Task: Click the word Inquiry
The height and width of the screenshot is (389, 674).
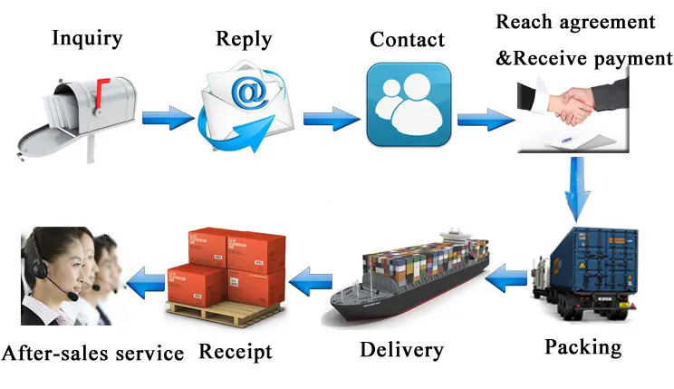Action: click(87, 39)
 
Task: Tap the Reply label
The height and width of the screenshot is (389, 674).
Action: click(244, 40)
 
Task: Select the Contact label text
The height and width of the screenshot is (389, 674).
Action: click(407, 40)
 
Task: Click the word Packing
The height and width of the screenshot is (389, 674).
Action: click(583, 347)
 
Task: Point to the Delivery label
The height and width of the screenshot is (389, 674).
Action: click(402, 350)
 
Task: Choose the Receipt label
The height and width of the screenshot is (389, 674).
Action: click(236, 352)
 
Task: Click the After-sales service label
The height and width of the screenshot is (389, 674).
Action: click(92, 354)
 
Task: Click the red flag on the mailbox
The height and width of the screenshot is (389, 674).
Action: click(101, 92)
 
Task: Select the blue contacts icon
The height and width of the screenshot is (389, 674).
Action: click(409, 104)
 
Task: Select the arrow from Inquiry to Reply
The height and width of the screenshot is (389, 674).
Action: click(168, 118)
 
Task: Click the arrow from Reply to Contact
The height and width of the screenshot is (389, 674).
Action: click(332, 119)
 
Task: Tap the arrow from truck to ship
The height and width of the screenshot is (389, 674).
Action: click(506, 278)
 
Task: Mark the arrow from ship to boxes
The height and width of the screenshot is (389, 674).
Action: click(311, 281)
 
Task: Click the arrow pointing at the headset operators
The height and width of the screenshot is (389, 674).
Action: click(146, 283)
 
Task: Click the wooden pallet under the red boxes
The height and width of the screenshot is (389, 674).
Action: click(226, 313)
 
